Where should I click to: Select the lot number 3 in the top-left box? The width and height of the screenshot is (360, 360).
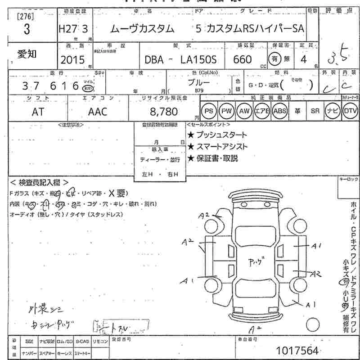click(27, 30)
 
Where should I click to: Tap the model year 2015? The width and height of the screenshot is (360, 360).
click(72, 59)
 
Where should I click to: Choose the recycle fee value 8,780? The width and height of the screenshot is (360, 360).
click(159, 111)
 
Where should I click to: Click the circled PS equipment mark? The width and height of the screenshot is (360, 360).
click(208, 111)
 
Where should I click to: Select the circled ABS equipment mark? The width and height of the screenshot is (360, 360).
click(279, 111)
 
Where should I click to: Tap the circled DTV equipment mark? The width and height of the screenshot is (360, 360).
click(350, 111)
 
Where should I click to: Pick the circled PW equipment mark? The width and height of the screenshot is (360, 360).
click(226, 111)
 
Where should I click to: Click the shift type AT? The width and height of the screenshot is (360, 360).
click(38, 112)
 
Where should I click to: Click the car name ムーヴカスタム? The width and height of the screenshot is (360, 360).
click(142, 29)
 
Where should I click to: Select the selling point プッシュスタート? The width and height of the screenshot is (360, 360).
click(217, 135)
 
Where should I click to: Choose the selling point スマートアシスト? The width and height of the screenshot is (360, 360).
click(217, 147)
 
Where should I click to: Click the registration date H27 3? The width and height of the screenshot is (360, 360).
click(73, 29)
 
